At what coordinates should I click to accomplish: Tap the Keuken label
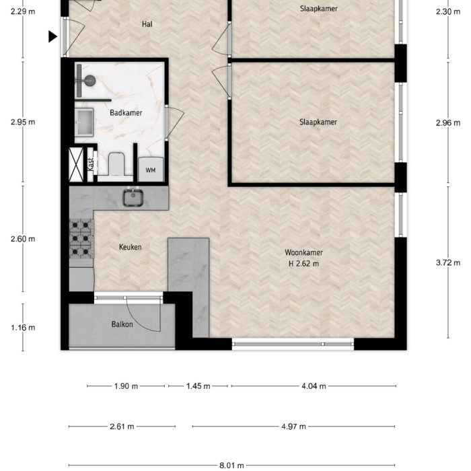tap(130, 247)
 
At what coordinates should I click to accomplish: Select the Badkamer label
tap(126, 113)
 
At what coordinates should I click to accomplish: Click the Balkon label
tap(122, 324)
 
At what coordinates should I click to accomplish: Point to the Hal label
tap(147, 24)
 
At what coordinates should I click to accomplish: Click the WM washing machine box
tap(150, 170)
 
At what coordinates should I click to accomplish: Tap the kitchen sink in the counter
tap(132, 197)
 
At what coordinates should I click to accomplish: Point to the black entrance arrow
tap(52, 37)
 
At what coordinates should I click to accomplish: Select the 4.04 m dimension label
tap(314, 386)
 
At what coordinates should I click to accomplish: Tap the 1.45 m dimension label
tap(198, 386)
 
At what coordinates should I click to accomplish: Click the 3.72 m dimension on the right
tap(443, 262)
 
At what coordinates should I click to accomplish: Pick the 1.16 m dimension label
tap(23, 328)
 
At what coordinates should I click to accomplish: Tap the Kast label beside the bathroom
tap(90, 164)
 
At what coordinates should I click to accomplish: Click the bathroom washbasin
tap(85, 122)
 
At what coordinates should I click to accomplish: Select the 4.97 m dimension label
tap(293, 427)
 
